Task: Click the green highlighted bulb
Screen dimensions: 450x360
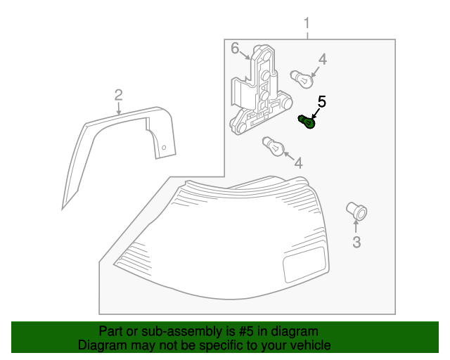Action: point(307,122)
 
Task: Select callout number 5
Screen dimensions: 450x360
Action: point(322,102)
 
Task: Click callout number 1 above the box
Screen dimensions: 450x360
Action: point(307,23)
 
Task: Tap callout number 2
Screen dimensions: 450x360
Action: point(118,95)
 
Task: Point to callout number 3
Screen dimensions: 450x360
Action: point(356,242)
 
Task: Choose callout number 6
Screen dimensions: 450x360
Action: point(235,48)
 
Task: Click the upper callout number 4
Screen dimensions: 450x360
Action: point(323,60)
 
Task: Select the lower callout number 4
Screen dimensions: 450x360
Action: point(298,163)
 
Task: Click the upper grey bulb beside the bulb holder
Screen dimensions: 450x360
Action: point(302,79)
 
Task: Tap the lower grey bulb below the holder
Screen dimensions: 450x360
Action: point(274,146)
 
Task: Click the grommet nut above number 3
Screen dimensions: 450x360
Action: point(356,211)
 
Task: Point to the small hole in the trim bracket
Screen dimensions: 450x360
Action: point(164,148)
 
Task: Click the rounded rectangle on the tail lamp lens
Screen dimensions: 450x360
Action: point(305,264)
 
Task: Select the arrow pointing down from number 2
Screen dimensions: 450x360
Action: point(119,108)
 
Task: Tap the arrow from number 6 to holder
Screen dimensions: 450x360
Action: point(245,55)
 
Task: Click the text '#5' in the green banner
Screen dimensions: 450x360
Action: point(246,331)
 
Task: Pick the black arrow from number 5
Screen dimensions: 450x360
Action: point(315,113)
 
